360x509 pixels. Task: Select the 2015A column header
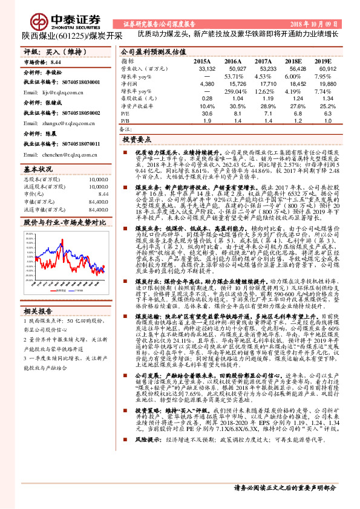(x=202, y=62)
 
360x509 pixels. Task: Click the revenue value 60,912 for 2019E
(x=324, y=69)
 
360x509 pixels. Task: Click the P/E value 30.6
(x=208, y=112)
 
